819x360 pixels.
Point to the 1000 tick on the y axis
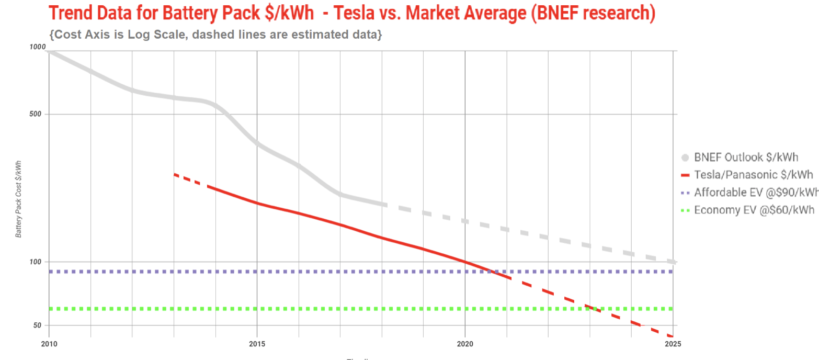pyautogui.click(x=38, y=47)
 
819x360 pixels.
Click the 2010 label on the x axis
pyautogui.click(x=49, y=344)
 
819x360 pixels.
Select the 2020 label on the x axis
pyautogui.click(x=465, y=344)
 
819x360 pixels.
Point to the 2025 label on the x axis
pyautogui.click(x=673, y=344)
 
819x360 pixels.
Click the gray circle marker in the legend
pyautogui.click(x=685, y=157)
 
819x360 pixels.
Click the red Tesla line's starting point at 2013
pyautogui.click(x=174, y=174)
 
